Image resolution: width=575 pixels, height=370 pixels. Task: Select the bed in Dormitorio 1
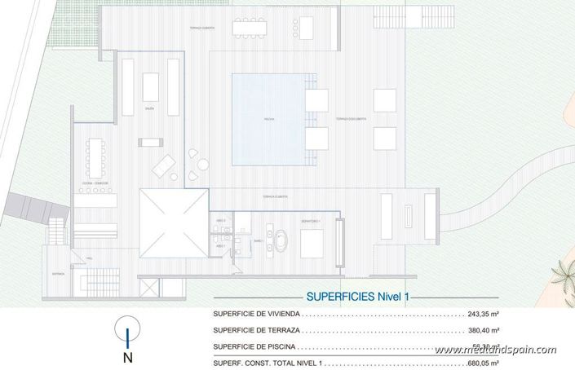click(312, 243)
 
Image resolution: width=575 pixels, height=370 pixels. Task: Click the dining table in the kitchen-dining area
click(98, 158)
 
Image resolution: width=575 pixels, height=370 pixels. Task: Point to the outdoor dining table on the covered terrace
click(249, 28)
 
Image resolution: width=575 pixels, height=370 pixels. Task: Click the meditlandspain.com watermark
click(495, 350)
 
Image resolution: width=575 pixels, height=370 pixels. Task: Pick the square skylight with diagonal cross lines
click(172, 222)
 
